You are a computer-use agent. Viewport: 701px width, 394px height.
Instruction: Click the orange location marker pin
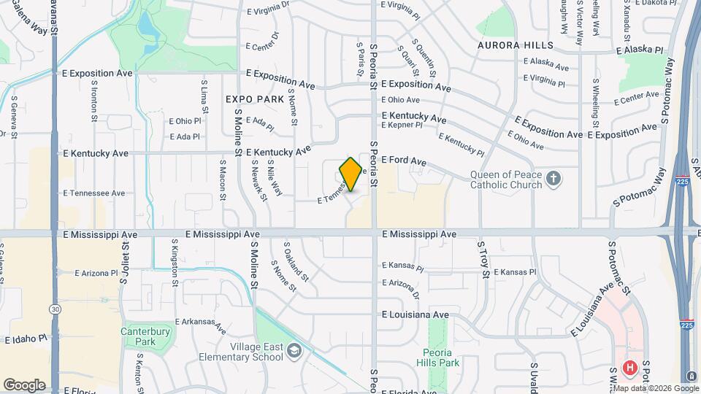click(351, 174)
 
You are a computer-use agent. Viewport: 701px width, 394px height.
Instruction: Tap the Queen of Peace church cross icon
click(554, 179)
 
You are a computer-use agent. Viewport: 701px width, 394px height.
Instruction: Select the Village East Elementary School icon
click(293, 351)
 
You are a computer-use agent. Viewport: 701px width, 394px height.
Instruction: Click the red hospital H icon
click(629, 367)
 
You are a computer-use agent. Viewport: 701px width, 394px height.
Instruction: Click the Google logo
click(24, 385)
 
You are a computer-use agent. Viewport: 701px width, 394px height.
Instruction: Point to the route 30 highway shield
click(55, 309)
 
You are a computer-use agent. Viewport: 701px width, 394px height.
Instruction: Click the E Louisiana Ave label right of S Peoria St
click(415, 314)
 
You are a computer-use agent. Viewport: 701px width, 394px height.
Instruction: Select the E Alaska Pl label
click(639, 50)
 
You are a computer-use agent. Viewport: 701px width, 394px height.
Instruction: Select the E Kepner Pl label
click(402, 125)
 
